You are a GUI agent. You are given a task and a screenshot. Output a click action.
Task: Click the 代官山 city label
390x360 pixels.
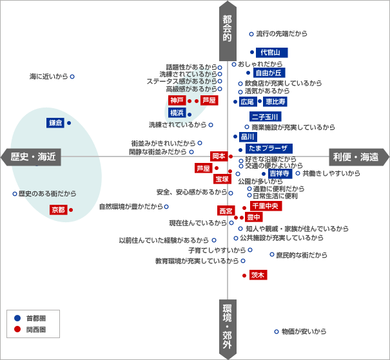click(270, 52)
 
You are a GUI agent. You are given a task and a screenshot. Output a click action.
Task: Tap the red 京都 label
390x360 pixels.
click(58, 210)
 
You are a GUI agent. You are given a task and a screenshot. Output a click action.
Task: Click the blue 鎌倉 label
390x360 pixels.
click(55, 123)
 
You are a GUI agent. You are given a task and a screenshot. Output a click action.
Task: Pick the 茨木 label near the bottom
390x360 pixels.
click(258, 275)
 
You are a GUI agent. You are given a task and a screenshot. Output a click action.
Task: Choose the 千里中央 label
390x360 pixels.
click(265, 207)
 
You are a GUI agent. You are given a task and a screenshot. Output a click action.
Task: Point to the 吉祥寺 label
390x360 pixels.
click(280, 173)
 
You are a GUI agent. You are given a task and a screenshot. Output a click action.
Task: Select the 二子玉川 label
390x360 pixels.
click(264, 117)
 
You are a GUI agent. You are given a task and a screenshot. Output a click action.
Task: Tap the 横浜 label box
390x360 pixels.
click(177, 113)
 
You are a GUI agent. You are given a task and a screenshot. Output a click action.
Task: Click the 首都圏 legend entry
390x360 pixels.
click(35, 318)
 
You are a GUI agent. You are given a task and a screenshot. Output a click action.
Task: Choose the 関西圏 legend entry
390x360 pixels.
click(35, 329)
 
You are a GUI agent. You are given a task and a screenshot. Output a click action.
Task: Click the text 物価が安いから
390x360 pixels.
click(304, 332)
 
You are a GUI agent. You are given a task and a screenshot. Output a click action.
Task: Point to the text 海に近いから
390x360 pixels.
click(48, 77)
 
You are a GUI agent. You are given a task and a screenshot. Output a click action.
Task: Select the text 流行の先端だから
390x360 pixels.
click(282, 33)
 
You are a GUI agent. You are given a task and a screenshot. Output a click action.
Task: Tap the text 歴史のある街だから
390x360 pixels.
click(47, 194)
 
